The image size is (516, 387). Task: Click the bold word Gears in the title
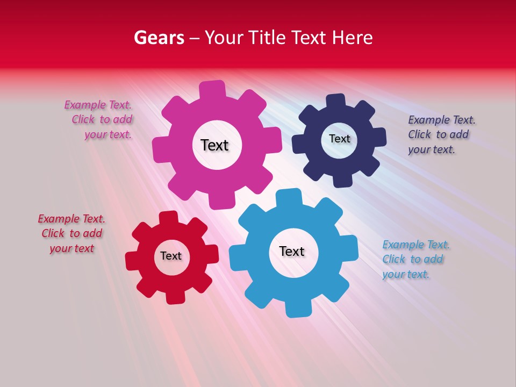(x=159, y=38)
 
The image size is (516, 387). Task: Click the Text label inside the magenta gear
(x=215, y=145)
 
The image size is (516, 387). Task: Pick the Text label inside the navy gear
(x=339, y=139)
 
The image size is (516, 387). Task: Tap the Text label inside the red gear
(x=171, y=256)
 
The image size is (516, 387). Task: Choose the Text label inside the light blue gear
(x=292, y=252)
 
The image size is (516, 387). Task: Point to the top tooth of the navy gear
(x=336, y=101)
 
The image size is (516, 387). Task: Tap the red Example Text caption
(x=71, y=234)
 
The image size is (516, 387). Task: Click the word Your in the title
(x=226, y=38)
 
